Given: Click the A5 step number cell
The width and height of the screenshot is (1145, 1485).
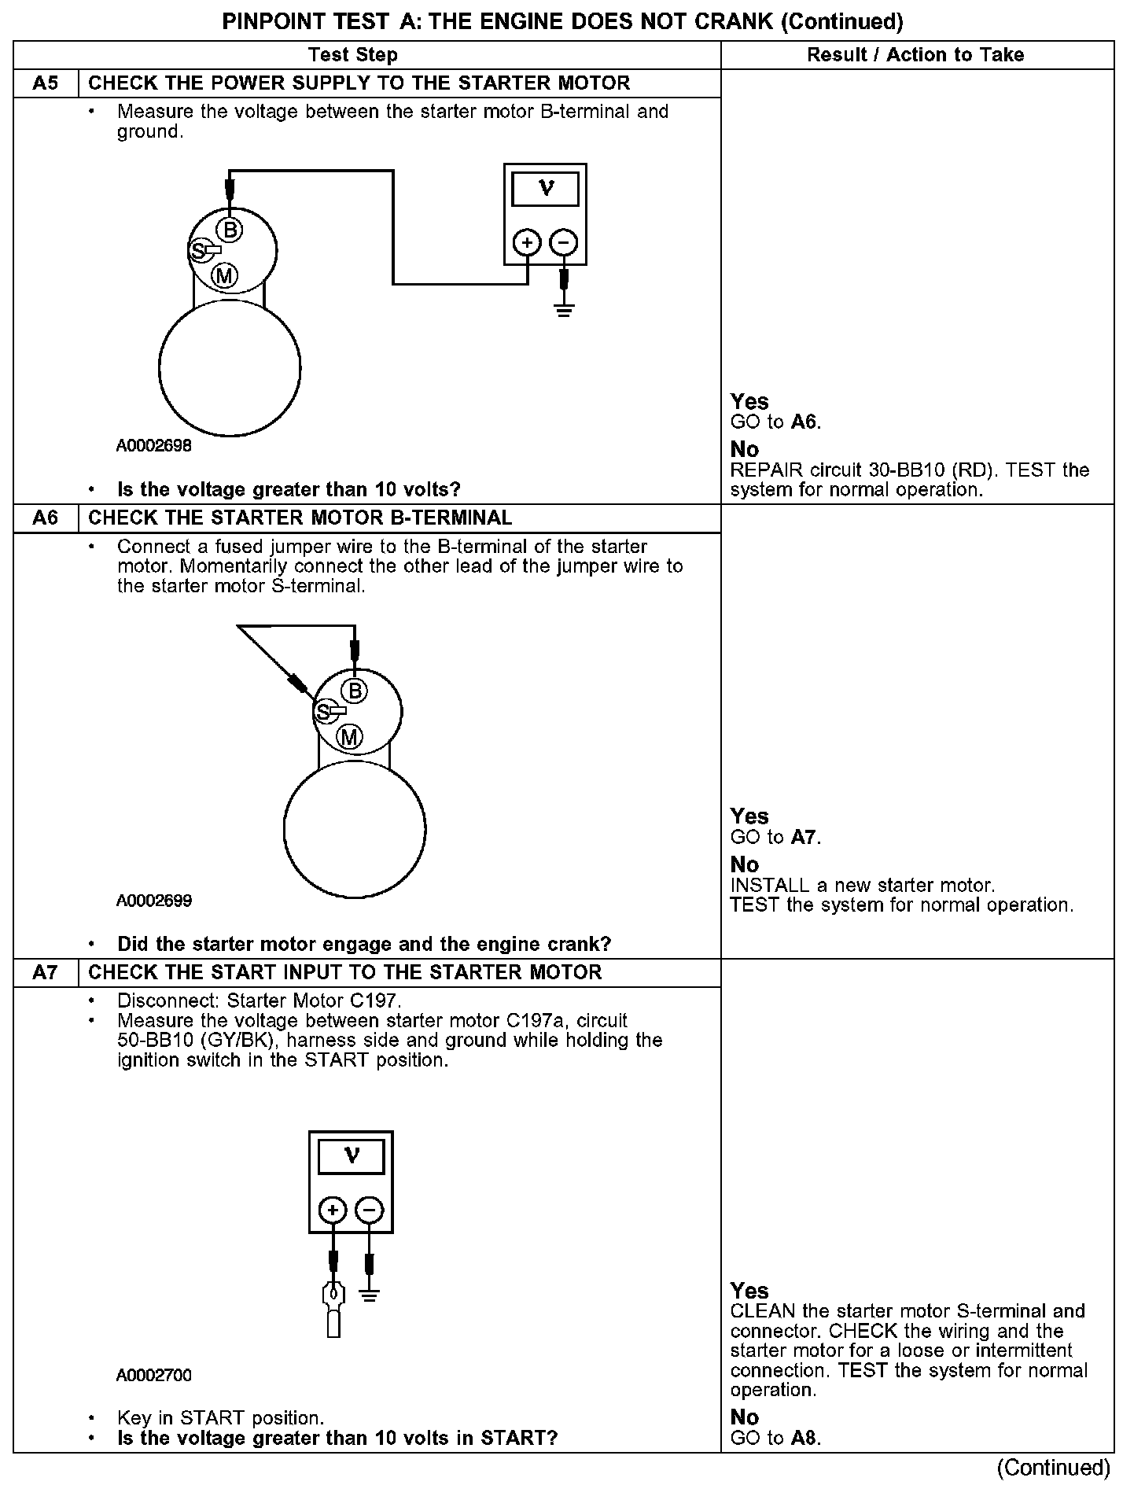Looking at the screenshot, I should (46, 83).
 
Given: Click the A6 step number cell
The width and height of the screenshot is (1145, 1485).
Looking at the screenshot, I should (46, 518).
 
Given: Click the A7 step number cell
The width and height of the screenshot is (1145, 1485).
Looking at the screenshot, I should (46, 973).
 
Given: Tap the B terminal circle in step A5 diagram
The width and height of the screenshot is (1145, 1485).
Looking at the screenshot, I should (230, 230).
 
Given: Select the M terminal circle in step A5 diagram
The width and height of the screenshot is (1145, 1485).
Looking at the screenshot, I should (225, 275).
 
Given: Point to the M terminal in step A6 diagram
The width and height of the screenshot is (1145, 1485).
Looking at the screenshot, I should (349, 737).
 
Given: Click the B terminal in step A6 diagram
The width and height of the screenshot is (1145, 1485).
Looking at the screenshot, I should (355, 691).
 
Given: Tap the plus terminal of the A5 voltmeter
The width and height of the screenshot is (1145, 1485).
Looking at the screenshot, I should (527, 242).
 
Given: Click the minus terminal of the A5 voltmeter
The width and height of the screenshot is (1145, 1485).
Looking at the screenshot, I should (563, 242).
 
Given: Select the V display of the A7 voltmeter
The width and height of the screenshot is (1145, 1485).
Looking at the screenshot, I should (351, 1156).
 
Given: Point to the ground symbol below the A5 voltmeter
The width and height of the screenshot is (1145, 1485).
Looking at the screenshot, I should (564, 309).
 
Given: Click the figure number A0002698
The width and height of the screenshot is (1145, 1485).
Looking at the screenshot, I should (154, 446).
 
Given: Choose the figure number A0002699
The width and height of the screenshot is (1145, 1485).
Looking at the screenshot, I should (154, 901).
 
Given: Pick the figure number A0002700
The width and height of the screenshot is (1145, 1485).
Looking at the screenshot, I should (154, 1375).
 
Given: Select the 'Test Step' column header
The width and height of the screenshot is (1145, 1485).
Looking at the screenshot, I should (353, 55).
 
